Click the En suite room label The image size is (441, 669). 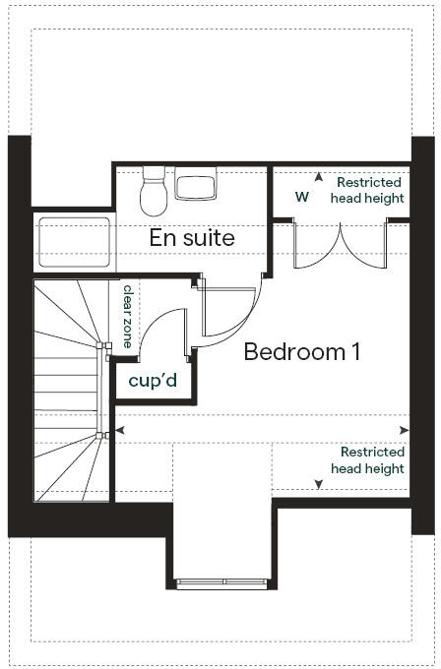pos(192,237)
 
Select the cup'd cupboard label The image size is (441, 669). pos(154,379)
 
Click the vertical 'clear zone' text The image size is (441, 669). pos(128,317)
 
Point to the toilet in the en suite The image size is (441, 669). pos(155,191)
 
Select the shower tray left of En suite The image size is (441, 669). pos(75,241)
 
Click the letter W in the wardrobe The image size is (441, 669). pos(301,197)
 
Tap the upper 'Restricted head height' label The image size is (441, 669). pos(369,190)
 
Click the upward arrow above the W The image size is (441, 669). pos(317,178)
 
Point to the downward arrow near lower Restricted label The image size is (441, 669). pos(317,483)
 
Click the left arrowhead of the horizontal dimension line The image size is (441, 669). pos(120,430)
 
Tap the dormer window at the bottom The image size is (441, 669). pos(223,582)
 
